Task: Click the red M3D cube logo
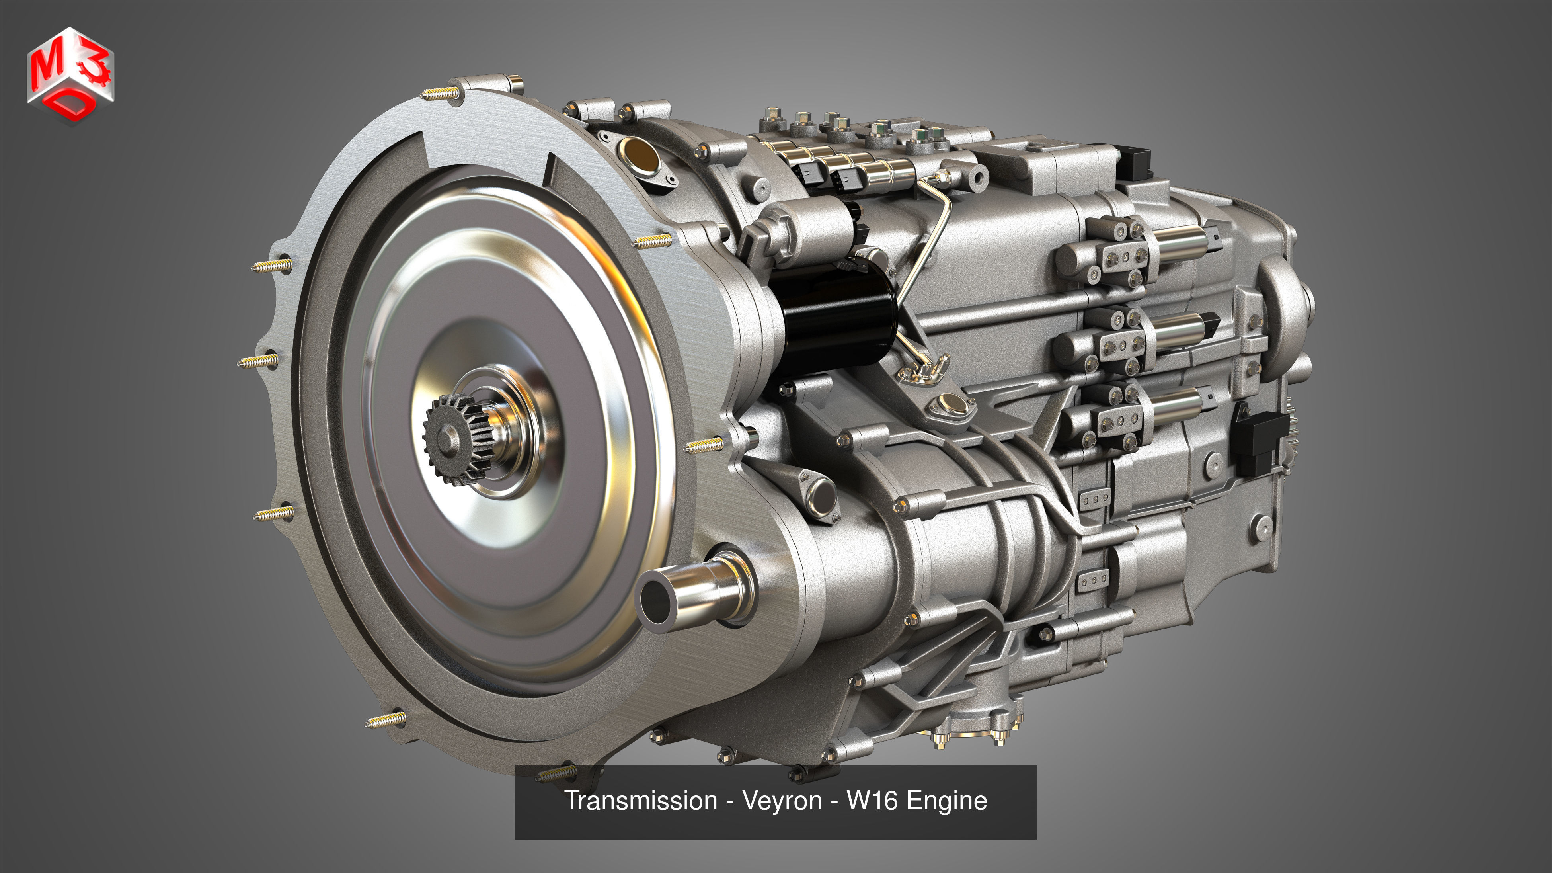(70, 75)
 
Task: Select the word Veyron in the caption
(782, 801)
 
